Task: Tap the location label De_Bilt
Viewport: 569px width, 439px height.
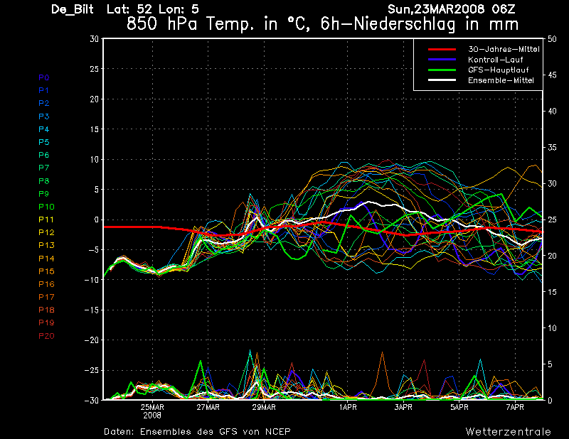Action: [x=73, y=9]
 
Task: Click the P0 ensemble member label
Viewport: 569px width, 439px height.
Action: [x=43, y=77]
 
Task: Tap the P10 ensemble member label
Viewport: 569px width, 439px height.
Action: [x=46, y=207]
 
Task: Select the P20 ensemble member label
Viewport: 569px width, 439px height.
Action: [x=46, y=336]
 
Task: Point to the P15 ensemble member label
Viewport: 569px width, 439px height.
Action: [x=46, y=271]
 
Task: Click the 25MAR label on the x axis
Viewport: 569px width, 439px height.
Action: [x=152, y=408]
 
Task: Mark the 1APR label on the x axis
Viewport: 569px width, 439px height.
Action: [x=347, y=408]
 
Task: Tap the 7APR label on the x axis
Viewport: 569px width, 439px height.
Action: [x=515, y=408]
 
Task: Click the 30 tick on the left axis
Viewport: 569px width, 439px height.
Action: [x=95, y=38]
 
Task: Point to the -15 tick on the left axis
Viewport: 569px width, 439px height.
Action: [x=92, y=310]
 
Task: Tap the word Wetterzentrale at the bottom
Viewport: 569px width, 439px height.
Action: [x=508, y=431]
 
